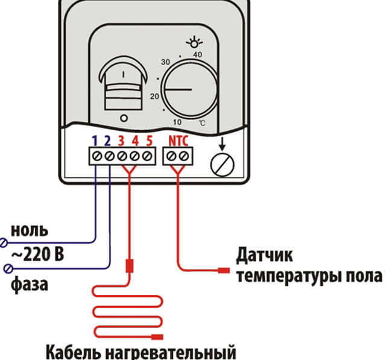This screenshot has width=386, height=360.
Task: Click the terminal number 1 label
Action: [x=95, y=141]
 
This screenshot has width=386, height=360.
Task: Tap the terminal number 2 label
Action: [x=109, y=141]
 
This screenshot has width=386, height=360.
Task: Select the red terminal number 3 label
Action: [x=121, y=141]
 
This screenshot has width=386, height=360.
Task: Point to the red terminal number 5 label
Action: [x=148, y=141]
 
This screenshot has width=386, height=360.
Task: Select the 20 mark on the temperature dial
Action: [x=154, y=96]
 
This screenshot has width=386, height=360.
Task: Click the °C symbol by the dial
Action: [x=203, y=122]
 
